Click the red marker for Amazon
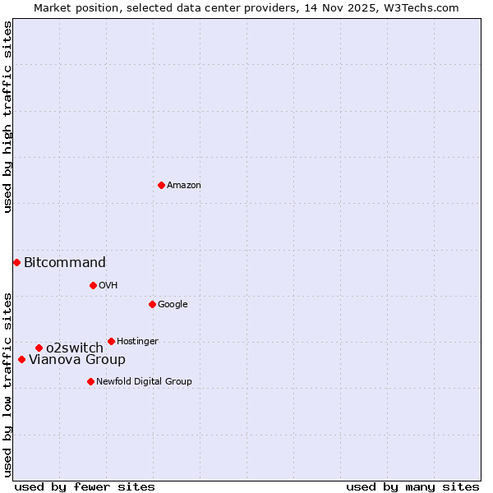point(161,185)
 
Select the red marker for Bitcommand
point(16,262)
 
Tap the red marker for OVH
point(93,285)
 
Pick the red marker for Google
point(152,304)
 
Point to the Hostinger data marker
point(111,341)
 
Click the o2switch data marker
point(39,348)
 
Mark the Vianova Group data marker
point(21,359)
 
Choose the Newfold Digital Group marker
point(90,381)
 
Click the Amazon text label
point(184,186)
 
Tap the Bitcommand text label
point(65,263)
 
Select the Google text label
point(173,305)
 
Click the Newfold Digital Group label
point(144,382)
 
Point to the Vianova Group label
point(77,360)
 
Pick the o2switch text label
point(75,348)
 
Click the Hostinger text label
point(137,342)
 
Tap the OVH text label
point(108,286)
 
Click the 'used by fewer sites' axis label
point(85,486)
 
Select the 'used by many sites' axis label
point(412,486)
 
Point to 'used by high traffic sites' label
point(7,117)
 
